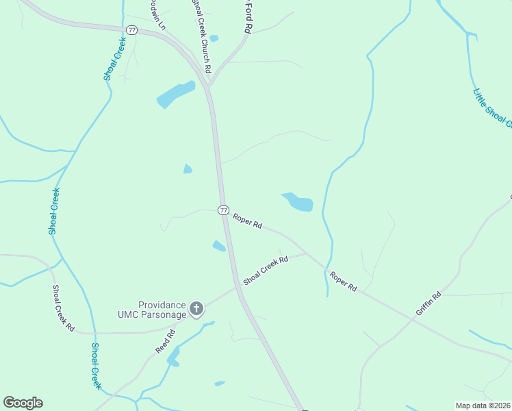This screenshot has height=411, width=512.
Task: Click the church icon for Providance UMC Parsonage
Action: pyautogui.click(x=196, y=309)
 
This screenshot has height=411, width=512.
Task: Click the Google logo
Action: pyautogui.click(x=23, y=403)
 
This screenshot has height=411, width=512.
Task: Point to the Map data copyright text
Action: pyautogui.click(x=483, y=406)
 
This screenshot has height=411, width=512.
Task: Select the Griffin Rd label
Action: pyautogui.click(x=428, y=304)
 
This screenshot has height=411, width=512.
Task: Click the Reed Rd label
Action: pyautogui.click(x=166, y=340)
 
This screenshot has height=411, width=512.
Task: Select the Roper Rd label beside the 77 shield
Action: pyautogui.click(x=247, y=221)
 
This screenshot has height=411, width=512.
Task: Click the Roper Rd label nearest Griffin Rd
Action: pyautogui.click(x=343, y=282)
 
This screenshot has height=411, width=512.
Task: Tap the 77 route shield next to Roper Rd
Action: pyautogui.click(x=223, y=210)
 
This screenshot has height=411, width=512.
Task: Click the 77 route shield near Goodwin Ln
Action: pyautogui.click(x=131, y=29)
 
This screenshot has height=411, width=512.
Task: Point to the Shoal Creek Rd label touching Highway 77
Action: pyautogui.click(x=266, y=270)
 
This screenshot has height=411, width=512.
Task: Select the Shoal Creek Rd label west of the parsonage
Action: pyautogui.click(x=63, y=308)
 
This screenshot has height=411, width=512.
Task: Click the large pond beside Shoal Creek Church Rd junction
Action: pyautogui.click(x=175, y=95)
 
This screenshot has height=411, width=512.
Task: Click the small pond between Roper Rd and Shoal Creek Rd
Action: pyautogui.click(x=219, y=246)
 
